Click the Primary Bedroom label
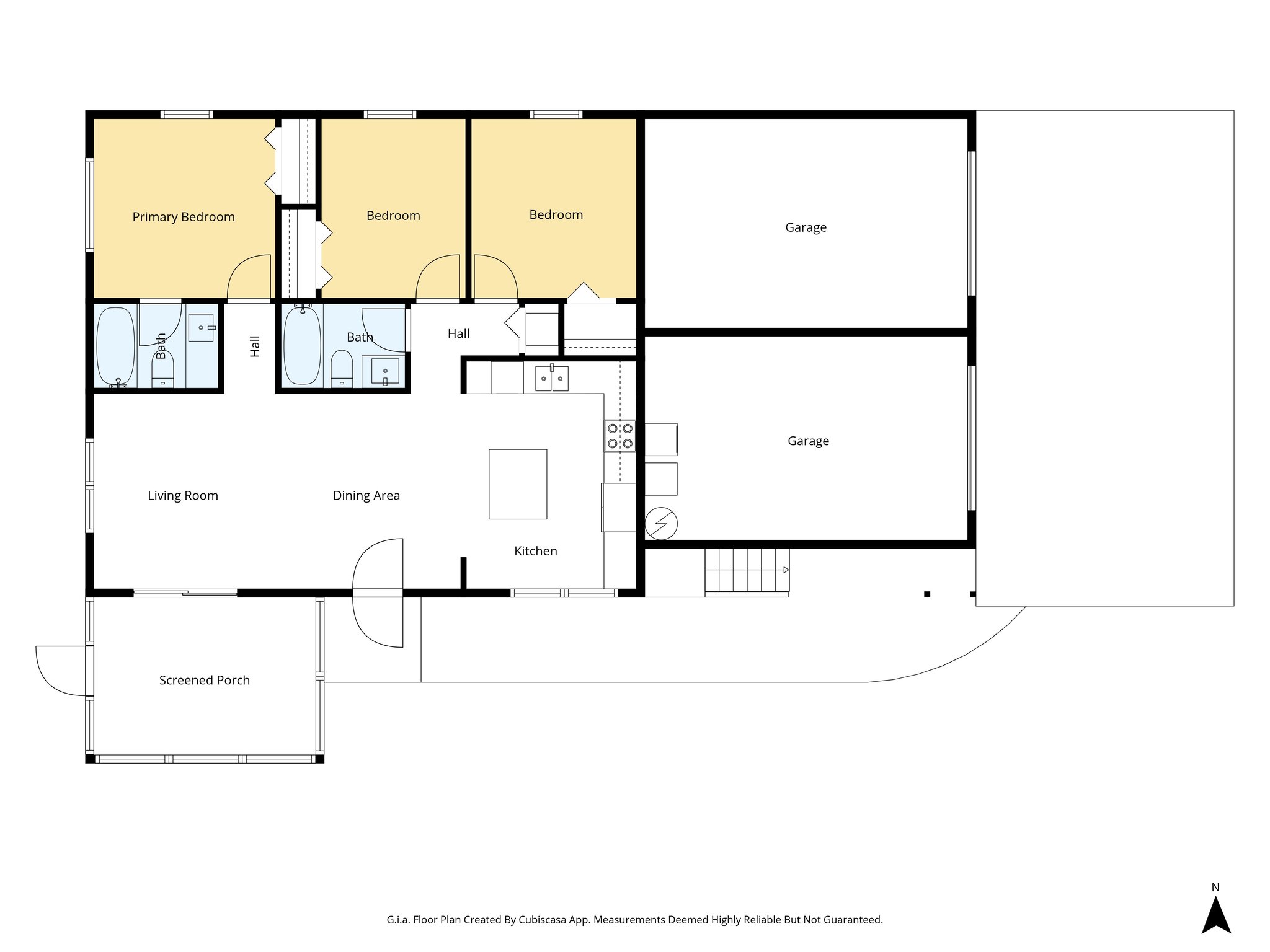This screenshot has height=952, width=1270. [184, 217]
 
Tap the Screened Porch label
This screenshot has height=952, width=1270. [204, 680]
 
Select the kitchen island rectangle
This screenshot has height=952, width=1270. [518, 484]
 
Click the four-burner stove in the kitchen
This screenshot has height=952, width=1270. [620, 436]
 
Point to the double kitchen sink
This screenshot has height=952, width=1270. [552, 379]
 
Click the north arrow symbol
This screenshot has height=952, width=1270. [1215, 915]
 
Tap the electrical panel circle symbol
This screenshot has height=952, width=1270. [661, 524]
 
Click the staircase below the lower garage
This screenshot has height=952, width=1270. [746, 570]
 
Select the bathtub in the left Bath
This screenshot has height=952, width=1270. [116, 345]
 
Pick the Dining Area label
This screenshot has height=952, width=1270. [366, 496]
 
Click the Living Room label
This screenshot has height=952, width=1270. [183, 496]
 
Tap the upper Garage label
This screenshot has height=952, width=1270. [806, 227]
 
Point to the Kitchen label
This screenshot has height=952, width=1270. [535, 551]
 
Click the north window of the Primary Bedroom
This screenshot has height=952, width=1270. [187, 115]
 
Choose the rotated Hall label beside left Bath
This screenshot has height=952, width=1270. [255, 346]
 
